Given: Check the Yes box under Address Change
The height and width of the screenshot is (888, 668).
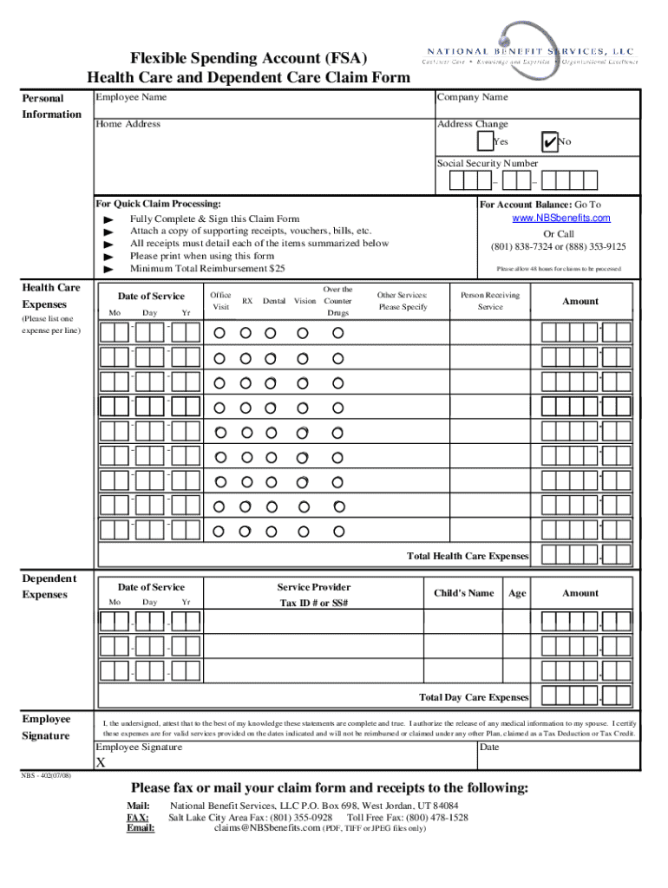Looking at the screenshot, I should [x=484, y=141].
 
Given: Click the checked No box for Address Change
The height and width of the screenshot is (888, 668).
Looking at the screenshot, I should [x=547, y=141].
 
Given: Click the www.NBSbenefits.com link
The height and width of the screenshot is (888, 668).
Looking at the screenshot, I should [x=561, y=218].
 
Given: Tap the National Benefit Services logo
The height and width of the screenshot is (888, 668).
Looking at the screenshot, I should [x=529, y=55].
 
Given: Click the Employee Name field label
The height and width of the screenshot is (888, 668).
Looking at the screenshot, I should [x=131, y=97].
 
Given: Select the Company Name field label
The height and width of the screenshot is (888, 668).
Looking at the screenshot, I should [x=472, y=97].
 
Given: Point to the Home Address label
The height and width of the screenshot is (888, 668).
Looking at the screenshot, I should [x=128, y=124].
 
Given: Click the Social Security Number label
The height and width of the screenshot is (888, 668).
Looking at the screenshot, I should [x=487, y=163].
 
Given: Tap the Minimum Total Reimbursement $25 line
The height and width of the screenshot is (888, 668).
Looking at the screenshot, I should [x=207, y=269].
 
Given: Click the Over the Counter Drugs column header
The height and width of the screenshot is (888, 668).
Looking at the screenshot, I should [x=337, y=301].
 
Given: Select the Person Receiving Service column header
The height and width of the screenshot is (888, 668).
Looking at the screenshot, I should [x=490, y=301].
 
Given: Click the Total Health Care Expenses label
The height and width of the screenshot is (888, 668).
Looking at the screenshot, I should [x=468, y=556].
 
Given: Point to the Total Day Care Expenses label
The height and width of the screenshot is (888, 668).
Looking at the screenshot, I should [x=473, y=697].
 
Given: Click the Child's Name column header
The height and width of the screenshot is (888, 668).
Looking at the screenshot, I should [x=463, y=593].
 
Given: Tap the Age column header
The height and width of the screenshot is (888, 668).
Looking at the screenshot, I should [x=517, y=593].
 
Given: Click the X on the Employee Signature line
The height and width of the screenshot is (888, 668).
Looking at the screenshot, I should [x=101, y=763].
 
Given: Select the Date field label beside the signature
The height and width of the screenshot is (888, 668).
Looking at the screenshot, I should [x=489, y=747].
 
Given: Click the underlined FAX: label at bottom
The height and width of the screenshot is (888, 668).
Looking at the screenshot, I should [x=137, y=817].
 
